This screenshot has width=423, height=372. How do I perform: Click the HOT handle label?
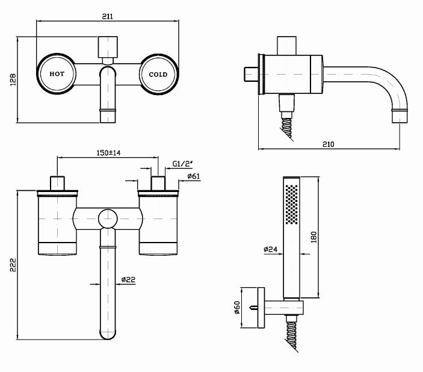click(x=57, y=75)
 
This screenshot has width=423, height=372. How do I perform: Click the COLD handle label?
click(x=158, y=75)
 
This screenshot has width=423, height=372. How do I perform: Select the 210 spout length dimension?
click(x=329, y=144)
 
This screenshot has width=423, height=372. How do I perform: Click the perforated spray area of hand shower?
click(x=292, y=204)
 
